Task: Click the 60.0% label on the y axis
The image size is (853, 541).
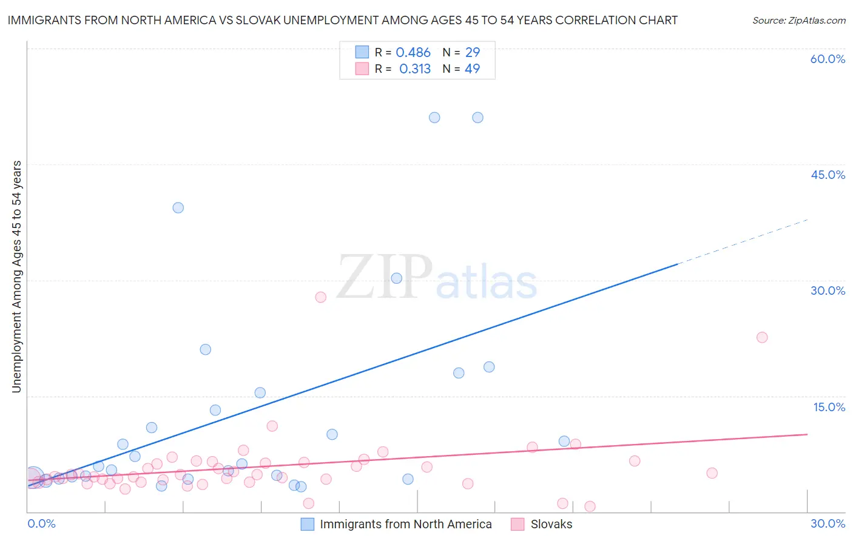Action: point(828,59)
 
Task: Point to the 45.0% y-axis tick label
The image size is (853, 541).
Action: point(828,175)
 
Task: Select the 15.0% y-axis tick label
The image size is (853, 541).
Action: point(829,407)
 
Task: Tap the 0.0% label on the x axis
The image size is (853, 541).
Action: point(42,523)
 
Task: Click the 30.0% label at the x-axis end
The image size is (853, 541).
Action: point(828,523)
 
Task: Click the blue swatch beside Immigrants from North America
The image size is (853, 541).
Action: point(308,524)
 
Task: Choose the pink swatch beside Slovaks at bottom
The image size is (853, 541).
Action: point(518,524)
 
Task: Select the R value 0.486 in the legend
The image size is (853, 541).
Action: point(413,53)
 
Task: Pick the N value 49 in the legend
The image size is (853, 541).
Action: point(472,69)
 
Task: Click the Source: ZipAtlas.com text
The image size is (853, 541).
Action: point(798,21)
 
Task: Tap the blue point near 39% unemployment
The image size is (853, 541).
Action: point(178,207)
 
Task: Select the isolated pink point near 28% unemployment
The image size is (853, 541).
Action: point(321,297)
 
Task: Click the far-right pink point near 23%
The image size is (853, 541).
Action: point(762,337)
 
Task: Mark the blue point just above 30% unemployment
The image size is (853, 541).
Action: point(397,278)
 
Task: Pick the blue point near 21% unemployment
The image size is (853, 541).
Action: point(206,349)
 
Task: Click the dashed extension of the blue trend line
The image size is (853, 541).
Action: point(743,242)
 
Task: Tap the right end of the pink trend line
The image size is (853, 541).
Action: point(806,434)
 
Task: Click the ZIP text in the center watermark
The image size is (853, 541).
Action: point(385,277)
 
